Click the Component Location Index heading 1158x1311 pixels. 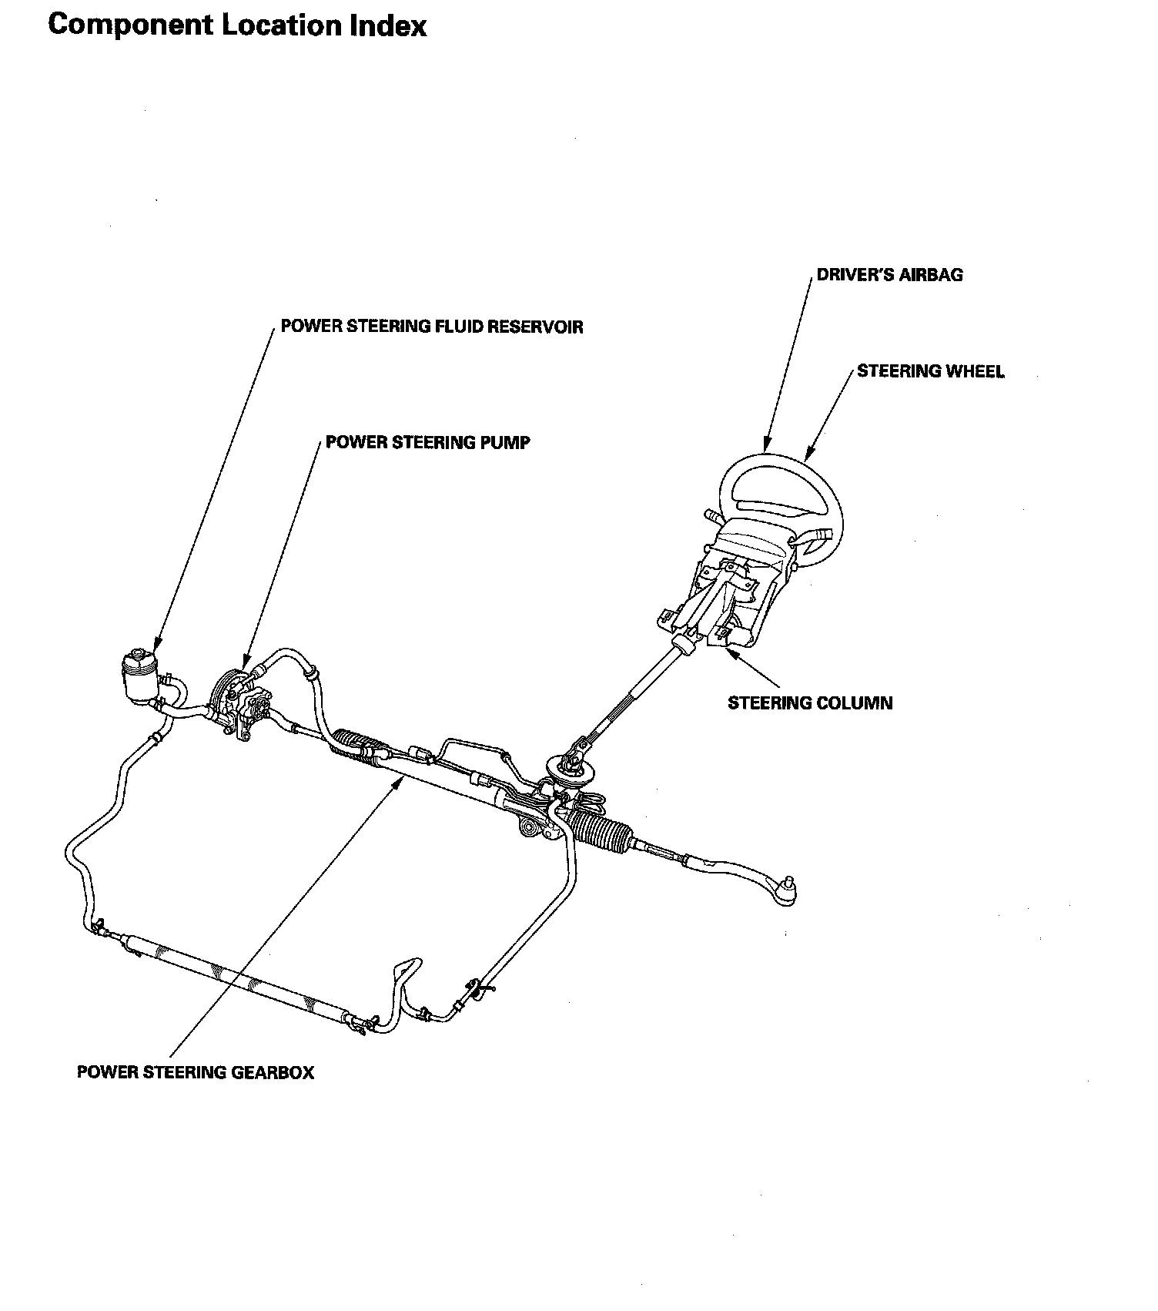pyautogui.click(x=237, y=25)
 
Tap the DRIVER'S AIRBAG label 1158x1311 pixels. pyautogui.click(x=889, y=275)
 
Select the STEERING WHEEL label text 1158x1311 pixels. pyautogui.click(x=931, y=371)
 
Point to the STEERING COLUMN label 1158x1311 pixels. pyautogui.click(x=810, y=702)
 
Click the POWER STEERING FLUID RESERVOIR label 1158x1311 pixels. pyautogui.click(x=432, y=327)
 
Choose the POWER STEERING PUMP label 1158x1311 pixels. pyautogui.click(x=428, y=442)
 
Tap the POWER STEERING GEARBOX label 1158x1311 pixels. pyautogui.click(x=196, y=1072)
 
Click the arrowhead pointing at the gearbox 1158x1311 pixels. pyautogui.click(x=398, y=783)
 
